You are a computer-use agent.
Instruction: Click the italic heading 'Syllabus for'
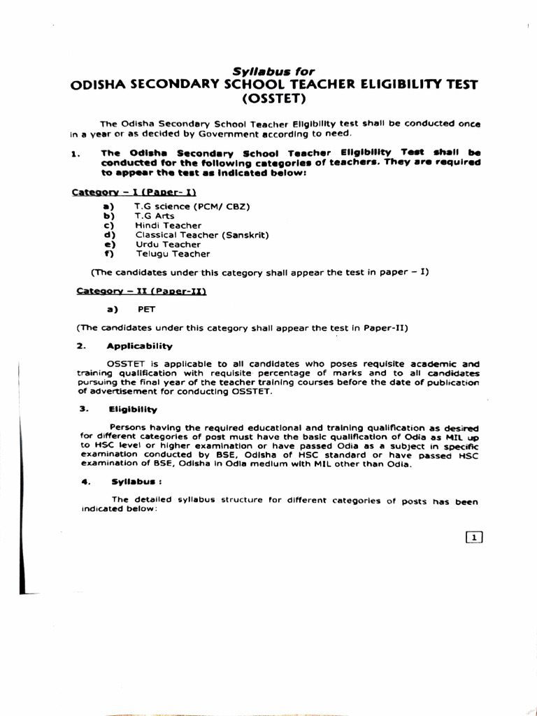[273, 71]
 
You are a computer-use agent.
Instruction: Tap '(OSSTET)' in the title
[273, 99]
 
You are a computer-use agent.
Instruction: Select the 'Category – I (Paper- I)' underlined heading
[134, 192]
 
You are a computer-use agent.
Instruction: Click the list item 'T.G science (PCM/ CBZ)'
[192, 207]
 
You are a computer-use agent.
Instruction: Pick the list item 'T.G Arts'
[155, 216]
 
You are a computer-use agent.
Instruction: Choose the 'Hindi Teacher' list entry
[169, 226]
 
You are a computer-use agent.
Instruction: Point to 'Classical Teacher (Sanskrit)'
[201, 235]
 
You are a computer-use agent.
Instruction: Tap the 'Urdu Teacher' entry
[168, 245]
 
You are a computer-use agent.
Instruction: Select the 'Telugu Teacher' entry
[172, 254]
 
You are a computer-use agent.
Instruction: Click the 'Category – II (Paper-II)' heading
[141, 291]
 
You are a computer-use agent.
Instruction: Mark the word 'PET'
[147, 309]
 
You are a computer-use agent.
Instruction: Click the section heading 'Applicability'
[139, 346]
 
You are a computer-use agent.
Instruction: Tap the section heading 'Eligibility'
[133, 410]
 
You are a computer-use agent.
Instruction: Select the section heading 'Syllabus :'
[137, 482]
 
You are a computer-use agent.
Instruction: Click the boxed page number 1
[474, 537]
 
